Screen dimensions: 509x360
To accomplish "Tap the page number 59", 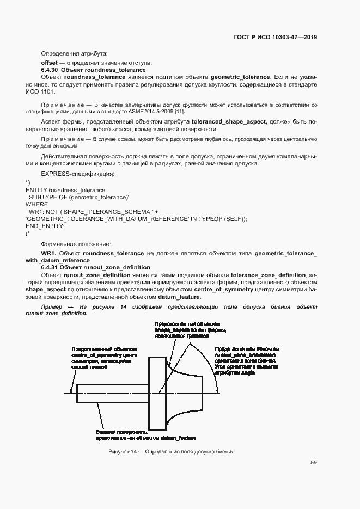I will pos(314,463).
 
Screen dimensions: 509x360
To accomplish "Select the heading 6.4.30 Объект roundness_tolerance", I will pos(93,70).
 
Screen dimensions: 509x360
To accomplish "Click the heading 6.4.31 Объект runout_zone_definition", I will pos(95,268).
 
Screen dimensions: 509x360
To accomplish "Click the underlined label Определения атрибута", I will pos(74,53).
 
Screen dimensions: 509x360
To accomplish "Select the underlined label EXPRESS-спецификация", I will pos(78,174).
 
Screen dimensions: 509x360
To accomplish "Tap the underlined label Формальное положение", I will pos(76,244).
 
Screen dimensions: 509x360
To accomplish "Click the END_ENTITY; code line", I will pos(45,225).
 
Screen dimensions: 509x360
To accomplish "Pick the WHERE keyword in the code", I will pos(36,204).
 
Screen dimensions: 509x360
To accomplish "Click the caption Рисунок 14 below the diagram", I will pos(171,451).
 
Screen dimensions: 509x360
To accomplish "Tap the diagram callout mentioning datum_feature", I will pos(145,434).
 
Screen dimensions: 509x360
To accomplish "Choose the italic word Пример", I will pos(52,307).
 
